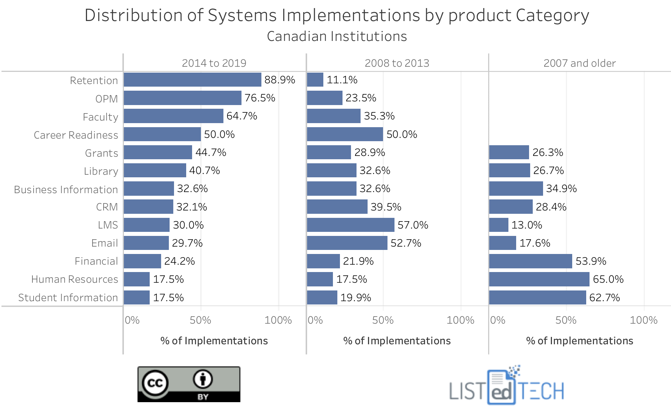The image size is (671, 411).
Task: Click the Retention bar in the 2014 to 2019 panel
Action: (192, 80)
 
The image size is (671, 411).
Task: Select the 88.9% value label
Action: (279, 80)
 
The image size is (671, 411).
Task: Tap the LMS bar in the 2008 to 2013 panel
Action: (350, 225)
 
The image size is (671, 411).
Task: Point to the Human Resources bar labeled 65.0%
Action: (539, 279)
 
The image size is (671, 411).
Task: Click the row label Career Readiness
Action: (76, 135)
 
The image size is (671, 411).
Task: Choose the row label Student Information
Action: (68, 297)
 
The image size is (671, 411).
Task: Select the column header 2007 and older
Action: (579, 63)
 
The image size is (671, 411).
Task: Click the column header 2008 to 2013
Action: (397, 63)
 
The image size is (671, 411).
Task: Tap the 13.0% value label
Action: (526, 225)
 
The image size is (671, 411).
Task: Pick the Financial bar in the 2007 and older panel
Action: (530, 261)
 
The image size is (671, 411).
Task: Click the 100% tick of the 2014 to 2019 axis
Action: (278, 320)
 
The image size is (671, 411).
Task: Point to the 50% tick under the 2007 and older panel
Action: (566, 320)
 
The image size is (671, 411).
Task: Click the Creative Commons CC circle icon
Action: (155, 383)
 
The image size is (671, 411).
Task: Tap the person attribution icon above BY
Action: (203, 379)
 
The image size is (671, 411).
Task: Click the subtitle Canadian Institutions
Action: (337, 36)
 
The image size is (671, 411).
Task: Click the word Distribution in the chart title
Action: (131, 15)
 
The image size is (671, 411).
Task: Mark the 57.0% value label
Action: (413, 225)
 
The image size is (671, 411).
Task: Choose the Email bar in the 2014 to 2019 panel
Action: (146, 243)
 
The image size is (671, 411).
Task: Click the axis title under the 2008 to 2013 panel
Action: (397, 341)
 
